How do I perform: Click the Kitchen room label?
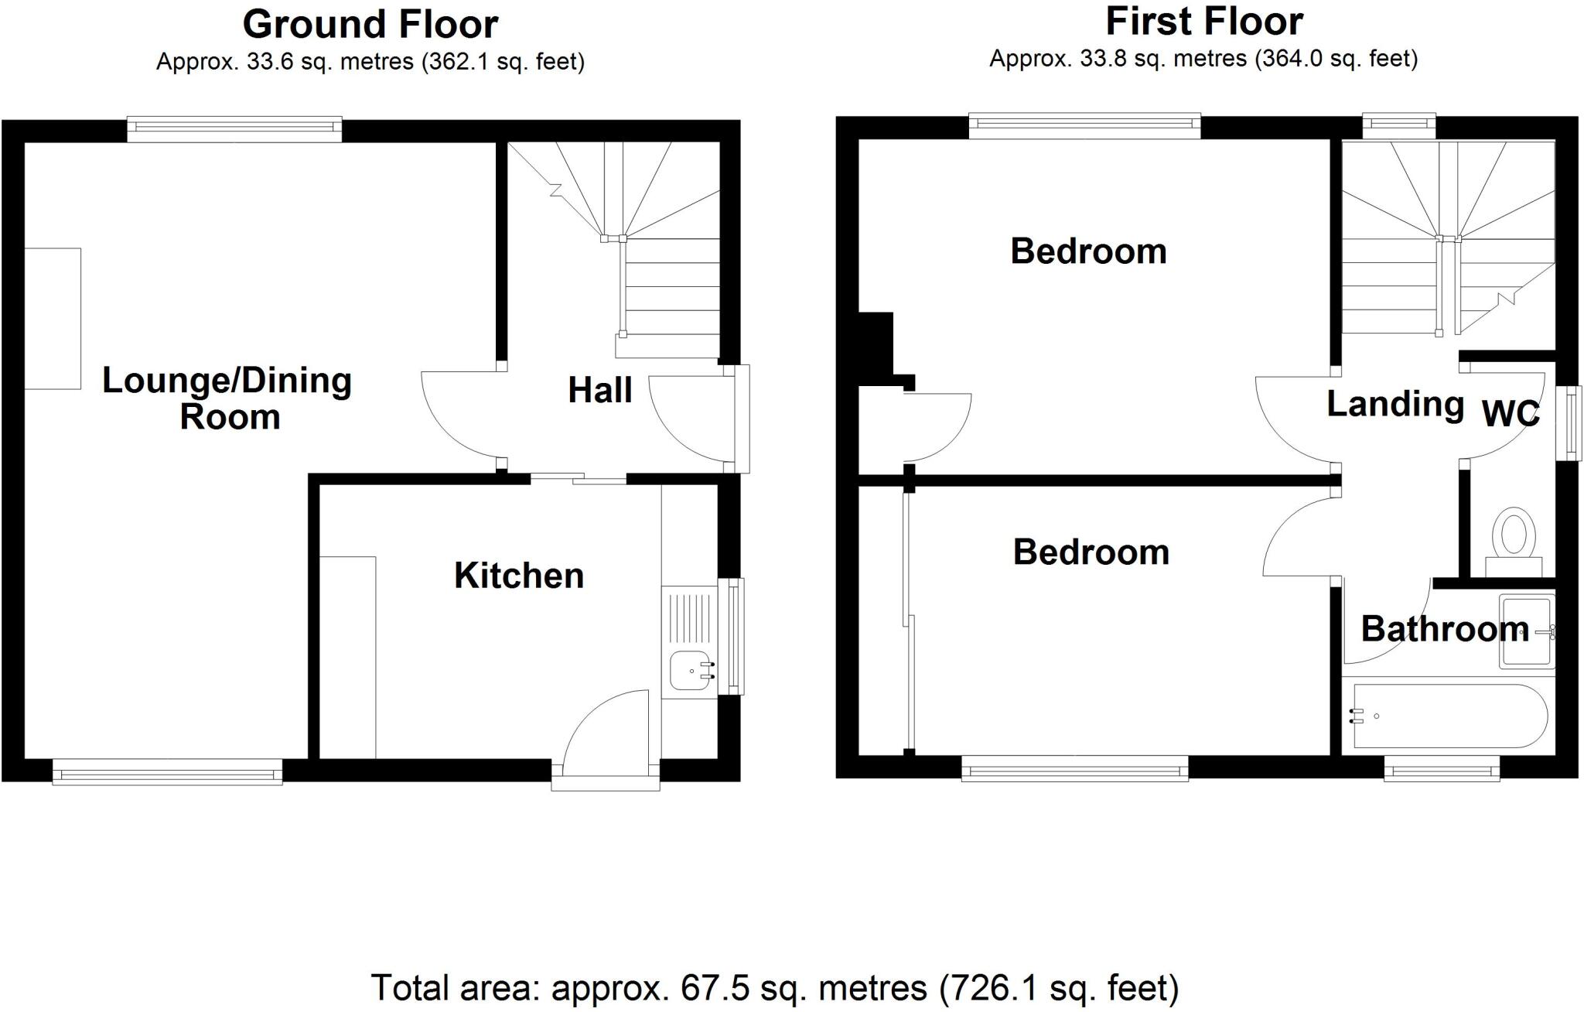point(518,576)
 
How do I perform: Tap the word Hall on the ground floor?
point(599,390)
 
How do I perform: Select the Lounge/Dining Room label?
point(227,398)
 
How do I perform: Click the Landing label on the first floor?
point(1395,404)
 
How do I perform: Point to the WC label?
point(1510,414)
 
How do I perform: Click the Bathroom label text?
point(1445,629)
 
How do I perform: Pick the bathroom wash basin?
point(1525,631)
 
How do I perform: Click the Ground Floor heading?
point(370,25)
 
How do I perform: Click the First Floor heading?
point(1203,22)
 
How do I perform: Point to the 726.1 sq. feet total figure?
point(1060,988)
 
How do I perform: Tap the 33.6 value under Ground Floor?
point(271,62)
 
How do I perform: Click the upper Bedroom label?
point(1088,251)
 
